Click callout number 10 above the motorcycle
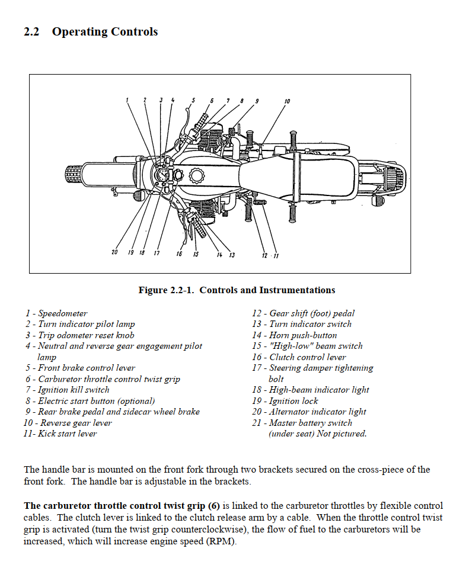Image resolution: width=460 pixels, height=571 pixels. coord(287,102)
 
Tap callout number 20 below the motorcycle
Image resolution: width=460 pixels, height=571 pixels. coord(114,253)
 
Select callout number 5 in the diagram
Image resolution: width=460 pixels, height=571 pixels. coord(193,101)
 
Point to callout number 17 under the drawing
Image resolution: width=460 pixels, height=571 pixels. coord(156,254)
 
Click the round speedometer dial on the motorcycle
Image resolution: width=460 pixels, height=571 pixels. coord(162,174)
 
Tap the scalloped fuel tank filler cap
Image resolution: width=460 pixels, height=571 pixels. coord(196,176)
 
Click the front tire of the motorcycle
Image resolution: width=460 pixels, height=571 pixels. coord(73,175)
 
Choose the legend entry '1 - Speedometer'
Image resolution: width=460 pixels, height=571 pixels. coord(56,313)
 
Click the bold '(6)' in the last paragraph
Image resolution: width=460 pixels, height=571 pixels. coord(213,506)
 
